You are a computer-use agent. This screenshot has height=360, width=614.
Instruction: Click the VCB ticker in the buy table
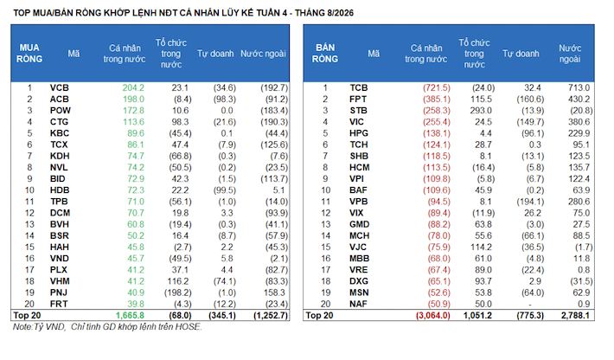click(x=59, y=87)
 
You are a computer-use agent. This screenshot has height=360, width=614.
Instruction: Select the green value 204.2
click(x=133, y=87)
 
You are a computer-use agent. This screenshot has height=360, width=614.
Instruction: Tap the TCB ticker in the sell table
click(x=359, y=87)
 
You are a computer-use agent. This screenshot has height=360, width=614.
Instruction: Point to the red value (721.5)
click(x=437, y=87)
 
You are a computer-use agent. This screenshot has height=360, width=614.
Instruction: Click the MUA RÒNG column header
click(x=29, y=54)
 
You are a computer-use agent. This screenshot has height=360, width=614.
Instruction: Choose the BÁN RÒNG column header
click(x=325, y=54)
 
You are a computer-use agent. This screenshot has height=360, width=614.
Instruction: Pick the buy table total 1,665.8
click(x=130, y=315)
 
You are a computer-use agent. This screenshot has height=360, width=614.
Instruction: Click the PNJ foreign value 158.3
click(x=274, y=292)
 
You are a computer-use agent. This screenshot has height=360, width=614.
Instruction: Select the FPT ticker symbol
click(x=358, y=100)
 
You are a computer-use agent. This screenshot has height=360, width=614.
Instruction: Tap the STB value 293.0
click(x=481, y=111)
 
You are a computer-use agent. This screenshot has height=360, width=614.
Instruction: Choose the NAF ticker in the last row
click(x=358, y=304)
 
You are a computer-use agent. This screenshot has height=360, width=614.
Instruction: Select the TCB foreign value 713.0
click(x=579, y=87)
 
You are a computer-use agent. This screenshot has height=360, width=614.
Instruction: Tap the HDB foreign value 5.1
click(x=278, y=190)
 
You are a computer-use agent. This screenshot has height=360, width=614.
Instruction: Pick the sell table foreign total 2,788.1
click(x=575, y=315)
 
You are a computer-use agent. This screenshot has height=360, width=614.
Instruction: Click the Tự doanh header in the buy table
click(x=215, y=54)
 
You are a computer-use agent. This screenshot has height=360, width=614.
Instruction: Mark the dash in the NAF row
click(x=530, y=305)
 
